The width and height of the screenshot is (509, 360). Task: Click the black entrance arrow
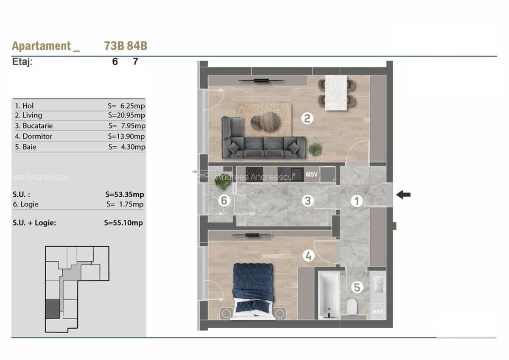pyautogui.click(x=403, y=195)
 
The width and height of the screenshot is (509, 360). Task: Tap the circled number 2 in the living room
pyautogui.click(x=307, y=118)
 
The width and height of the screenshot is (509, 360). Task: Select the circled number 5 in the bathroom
pyautogui.click(x=357, y=287)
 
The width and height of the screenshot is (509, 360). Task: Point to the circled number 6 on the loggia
pyautogui.click(x=224, y=201)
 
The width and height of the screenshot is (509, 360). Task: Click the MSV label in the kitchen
pyautogui.click(x=311, y=174)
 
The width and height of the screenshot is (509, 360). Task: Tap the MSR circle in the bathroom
pyautogui.click(x=378, y=312)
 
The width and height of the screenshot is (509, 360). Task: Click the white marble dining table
pyautogui.click(x=336, y=93)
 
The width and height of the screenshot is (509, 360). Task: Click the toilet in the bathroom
pyautogui.click(x=352, y=307)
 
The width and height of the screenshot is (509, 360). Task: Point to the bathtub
pyautogui.click(x=329, y=295)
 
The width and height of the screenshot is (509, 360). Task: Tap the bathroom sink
pyautogui.click(x=378, y=285)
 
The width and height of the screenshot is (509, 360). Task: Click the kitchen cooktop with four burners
pyautogui.click(x=254, y=174)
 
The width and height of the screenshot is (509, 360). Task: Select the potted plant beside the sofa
pyautogui.click(x=315, y=149)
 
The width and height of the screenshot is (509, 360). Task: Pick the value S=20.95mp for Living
pyautogui.click(x=126, y=115)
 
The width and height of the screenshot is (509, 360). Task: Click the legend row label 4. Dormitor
pyautogui.click(x=34, y=136)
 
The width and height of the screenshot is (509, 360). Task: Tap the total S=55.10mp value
pyautogui.click(x=123, y=223)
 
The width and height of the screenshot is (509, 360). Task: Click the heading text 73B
pyautogui.click(x=114, y=46)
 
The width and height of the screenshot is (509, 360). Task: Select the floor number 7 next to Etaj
pyautogui.click(x=135, y=61)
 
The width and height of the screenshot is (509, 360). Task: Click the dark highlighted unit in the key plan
pyautogui.click(x=53, y=309)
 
